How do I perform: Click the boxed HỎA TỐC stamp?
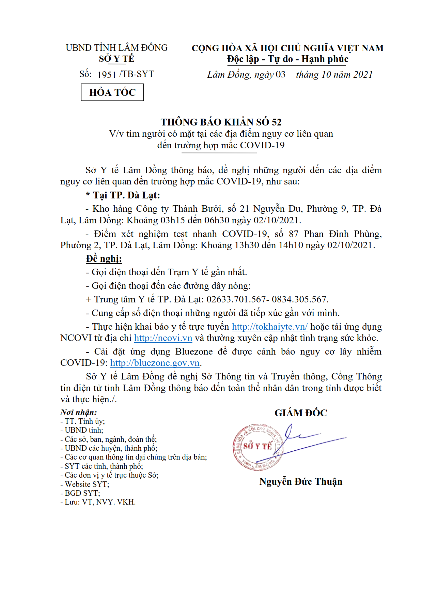tap(112, 92)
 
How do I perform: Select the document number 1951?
tap(107, 75)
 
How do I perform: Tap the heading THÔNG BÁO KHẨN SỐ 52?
tap(221, 122)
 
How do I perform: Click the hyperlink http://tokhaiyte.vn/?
tap(269, 327)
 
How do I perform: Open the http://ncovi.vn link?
tap(163, 338)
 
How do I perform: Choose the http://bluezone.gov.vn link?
tap(155, 363)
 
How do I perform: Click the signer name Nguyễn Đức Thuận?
tap(301, 482)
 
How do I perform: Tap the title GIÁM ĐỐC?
tap(301, 413)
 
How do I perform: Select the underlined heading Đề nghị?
tap(104, 259)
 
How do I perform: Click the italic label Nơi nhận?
tap(79, 412)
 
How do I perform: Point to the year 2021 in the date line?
tap(363, 75)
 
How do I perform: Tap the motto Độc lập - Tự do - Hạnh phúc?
tap(288, 59)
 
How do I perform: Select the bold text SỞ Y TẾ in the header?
tap(117, 59)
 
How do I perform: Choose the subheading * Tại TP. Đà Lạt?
tap(123, 195)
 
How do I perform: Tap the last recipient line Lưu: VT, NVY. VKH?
tap(98, 502)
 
